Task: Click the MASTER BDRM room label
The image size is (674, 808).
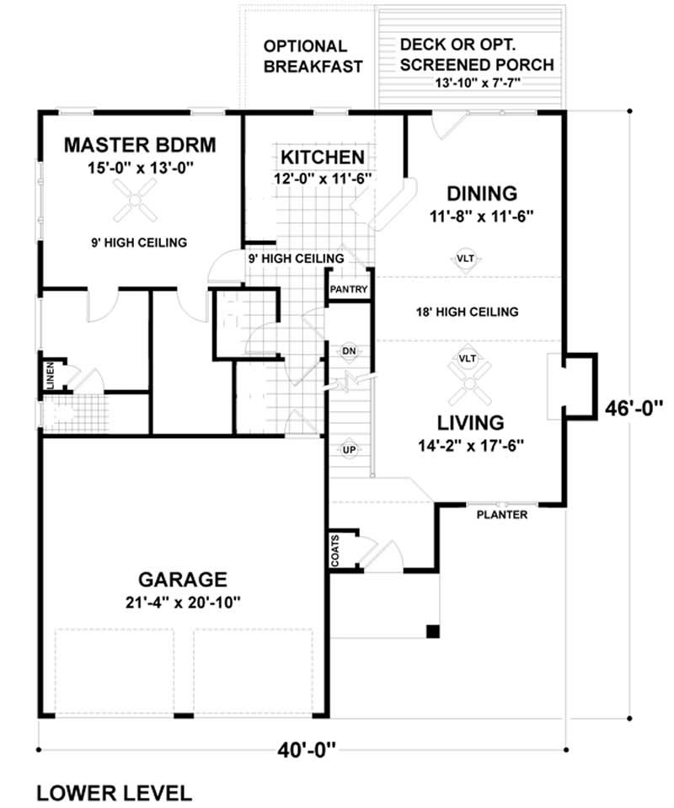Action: (140, 145)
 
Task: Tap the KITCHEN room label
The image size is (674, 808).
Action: (323, 157)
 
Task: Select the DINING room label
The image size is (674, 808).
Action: (481, 193)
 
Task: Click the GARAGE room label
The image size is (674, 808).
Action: (183, 580)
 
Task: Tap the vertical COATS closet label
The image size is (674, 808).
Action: (335, 549)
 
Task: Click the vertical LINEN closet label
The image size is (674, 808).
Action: (51, 376)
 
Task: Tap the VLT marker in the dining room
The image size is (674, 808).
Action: (465, 259)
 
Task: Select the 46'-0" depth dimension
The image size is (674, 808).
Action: (634, 409)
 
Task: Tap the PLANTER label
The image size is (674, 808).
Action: (502, 515)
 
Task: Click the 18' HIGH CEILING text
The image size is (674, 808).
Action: (467, 313)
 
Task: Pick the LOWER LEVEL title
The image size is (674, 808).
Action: (115, 792)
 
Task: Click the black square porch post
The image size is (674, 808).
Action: (432, 631)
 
